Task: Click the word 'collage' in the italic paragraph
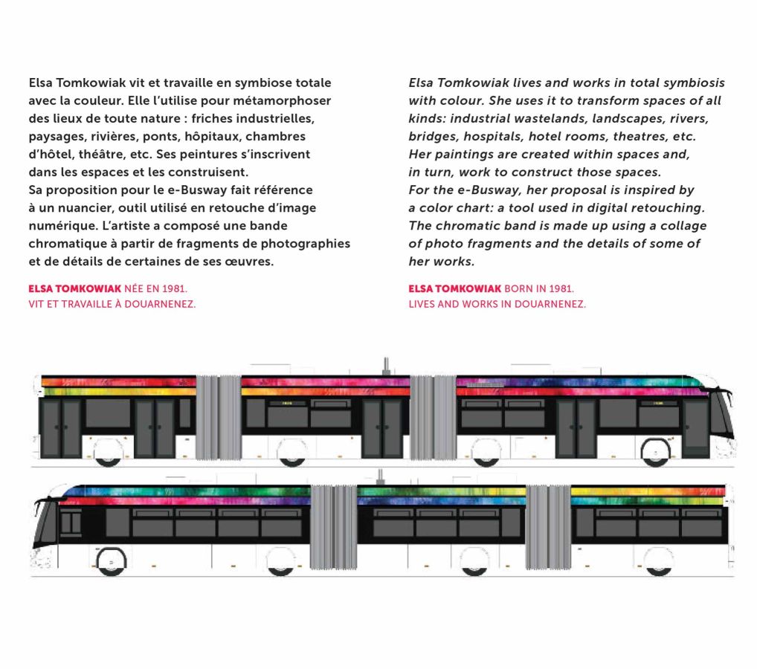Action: coord(680,226)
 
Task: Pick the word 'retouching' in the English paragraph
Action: coord(667,208)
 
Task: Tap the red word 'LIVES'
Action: coord(425,304)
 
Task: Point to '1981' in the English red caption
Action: coord(561,288)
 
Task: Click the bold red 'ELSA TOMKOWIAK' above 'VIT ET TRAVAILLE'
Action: coord(74,288)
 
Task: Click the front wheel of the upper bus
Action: coord(656,453)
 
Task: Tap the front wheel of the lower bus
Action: coord(112,561)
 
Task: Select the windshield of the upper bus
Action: coord(720,416)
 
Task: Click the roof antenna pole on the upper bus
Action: coord(386,365)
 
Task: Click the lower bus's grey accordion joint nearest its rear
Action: coord(547,526)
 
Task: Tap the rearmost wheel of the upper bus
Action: coord(109,453)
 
